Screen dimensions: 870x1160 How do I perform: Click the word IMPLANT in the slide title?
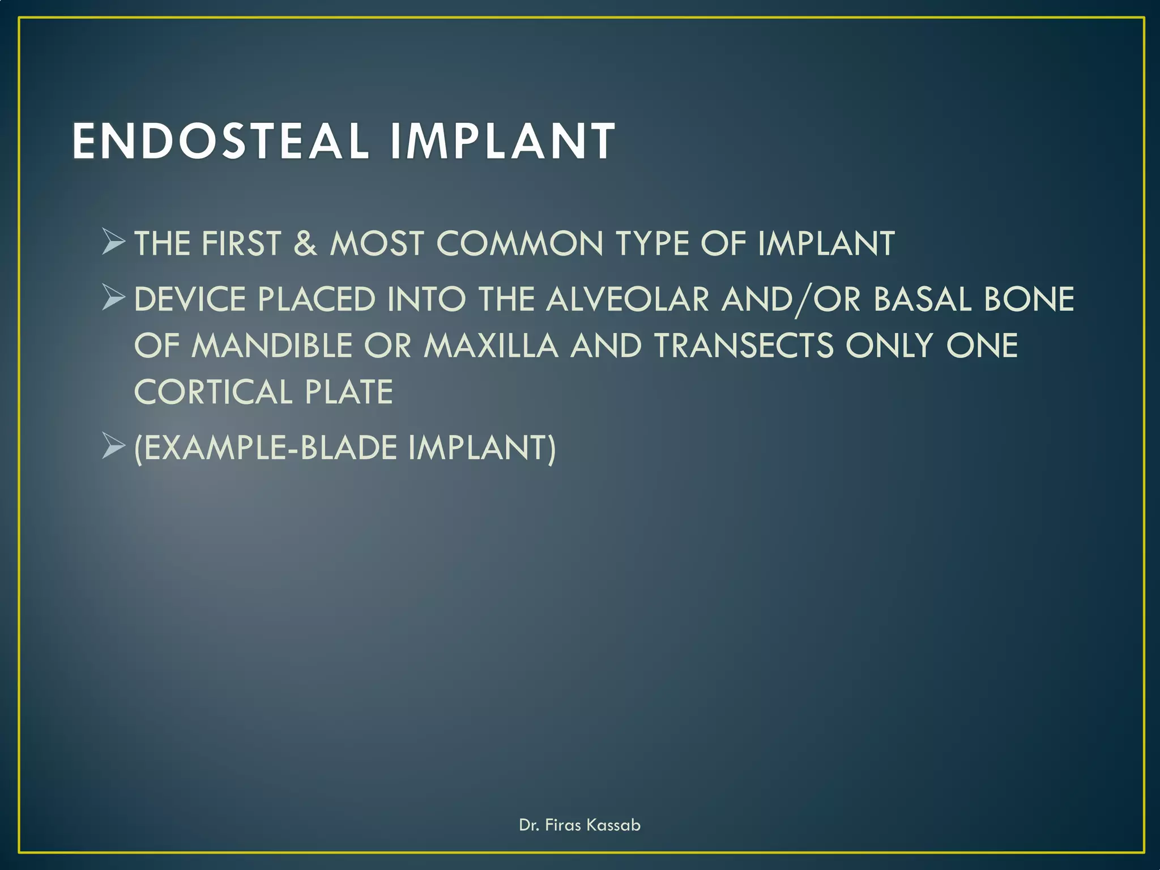(502, 142)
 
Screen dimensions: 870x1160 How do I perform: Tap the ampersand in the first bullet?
(305, 244)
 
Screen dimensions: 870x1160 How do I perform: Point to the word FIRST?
(241, 244)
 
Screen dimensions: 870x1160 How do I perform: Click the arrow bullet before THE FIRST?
(113, 242)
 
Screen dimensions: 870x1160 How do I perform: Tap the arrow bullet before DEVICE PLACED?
(113, 298)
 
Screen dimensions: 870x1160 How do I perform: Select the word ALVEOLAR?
(627, 299)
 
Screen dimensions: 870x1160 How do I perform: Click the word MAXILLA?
(491, 346)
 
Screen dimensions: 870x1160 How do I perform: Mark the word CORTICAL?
(213, 392)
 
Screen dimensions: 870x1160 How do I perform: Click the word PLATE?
(349, 392)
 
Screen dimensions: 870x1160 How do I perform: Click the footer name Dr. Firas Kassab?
(579, 825)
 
